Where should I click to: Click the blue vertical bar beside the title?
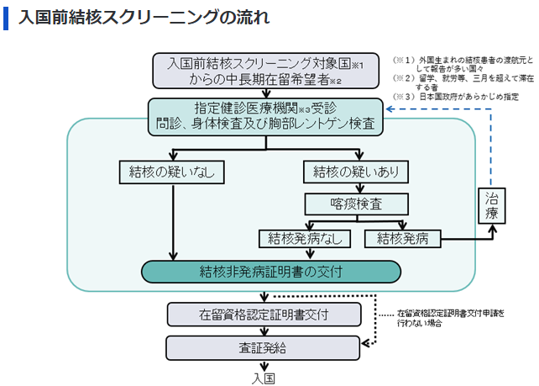tap(6, 18)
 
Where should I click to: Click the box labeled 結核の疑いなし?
tap(172, 172)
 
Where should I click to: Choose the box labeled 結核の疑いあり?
tap(357, 172)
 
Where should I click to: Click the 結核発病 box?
tap(403, 238)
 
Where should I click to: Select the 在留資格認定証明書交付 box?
tap(264, 315)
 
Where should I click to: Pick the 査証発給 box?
tap(264, 346)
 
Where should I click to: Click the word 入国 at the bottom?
tap(264, 377)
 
